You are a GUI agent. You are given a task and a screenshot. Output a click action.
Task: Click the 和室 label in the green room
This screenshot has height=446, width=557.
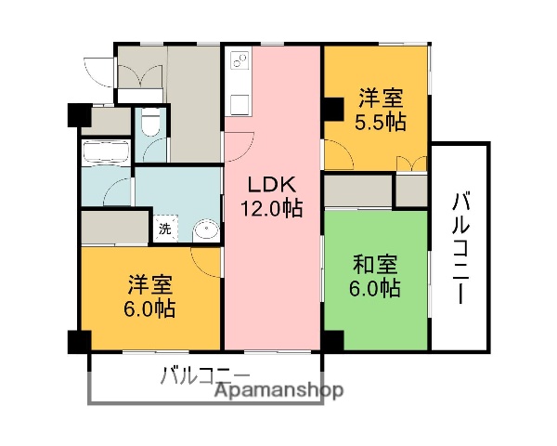click(x=375, y=263)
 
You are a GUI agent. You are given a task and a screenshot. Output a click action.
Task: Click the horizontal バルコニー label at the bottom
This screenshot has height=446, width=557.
click(x=204, y=376)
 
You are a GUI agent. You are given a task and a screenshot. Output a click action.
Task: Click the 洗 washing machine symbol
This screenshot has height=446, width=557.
click(x=164, y=228)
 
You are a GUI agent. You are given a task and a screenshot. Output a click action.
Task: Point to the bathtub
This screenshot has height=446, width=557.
click(x=104, y=152)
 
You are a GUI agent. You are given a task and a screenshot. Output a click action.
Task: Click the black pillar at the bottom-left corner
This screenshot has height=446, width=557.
click(x=79, y=342)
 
